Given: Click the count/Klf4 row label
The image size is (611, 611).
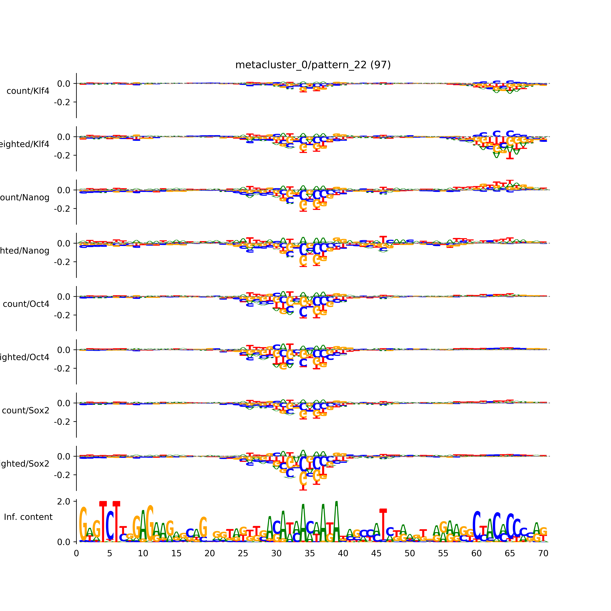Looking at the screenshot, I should [28, 91].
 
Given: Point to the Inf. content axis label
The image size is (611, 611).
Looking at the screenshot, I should [28, 517].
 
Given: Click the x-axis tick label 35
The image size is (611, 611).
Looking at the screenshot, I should [310, 553].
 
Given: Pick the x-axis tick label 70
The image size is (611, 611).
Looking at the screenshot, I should [543, 553].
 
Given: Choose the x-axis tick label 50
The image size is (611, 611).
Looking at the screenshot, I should [410, 553].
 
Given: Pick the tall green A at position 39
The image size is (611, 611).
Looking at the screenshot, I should [336, 522].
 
